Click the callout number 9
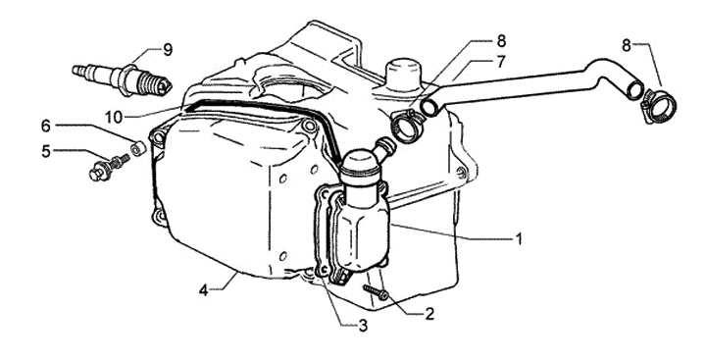(x=167, y=50)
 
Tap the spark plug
(x=122, y=79)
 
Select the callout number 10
(x=114, y=118)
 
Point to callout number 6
(x=45, y=127)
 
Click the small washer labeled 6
(x=138, y=148)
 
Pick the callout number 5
(x=45, y=151)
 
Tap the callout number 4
(x=204, y=290)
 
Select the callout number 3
(x=363, y=326)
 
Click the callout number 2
(x=429, y=314)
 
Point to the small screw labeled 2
(x=376, y=292)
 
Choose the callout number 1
(x=519, y=238)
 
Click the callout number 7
(x=501, y=62)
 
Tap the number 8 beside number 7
(x=501, y=41)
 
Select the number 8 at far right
(x=627, y=45)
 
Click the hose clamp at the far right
(x=659, y=106)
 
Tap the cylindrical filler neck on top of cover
(x=404, y=72)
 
